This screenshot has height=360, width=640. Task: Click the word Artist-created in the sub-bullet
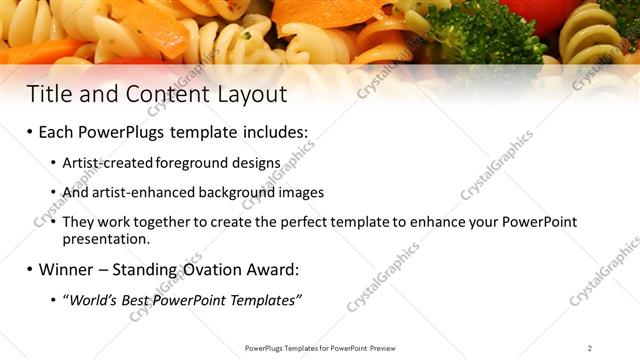[101, 162]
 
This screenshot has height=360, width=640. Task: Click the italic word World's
[91, 300]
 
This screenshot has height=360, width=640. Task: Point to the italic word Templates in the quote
[266, 300]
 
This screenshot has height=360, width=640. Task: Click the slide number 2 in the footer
[590, 348]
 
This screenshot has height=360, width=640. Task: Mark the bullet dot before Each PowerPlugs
[31, 132]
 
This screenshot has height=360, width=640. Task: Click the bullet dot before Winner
[31, 269]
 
